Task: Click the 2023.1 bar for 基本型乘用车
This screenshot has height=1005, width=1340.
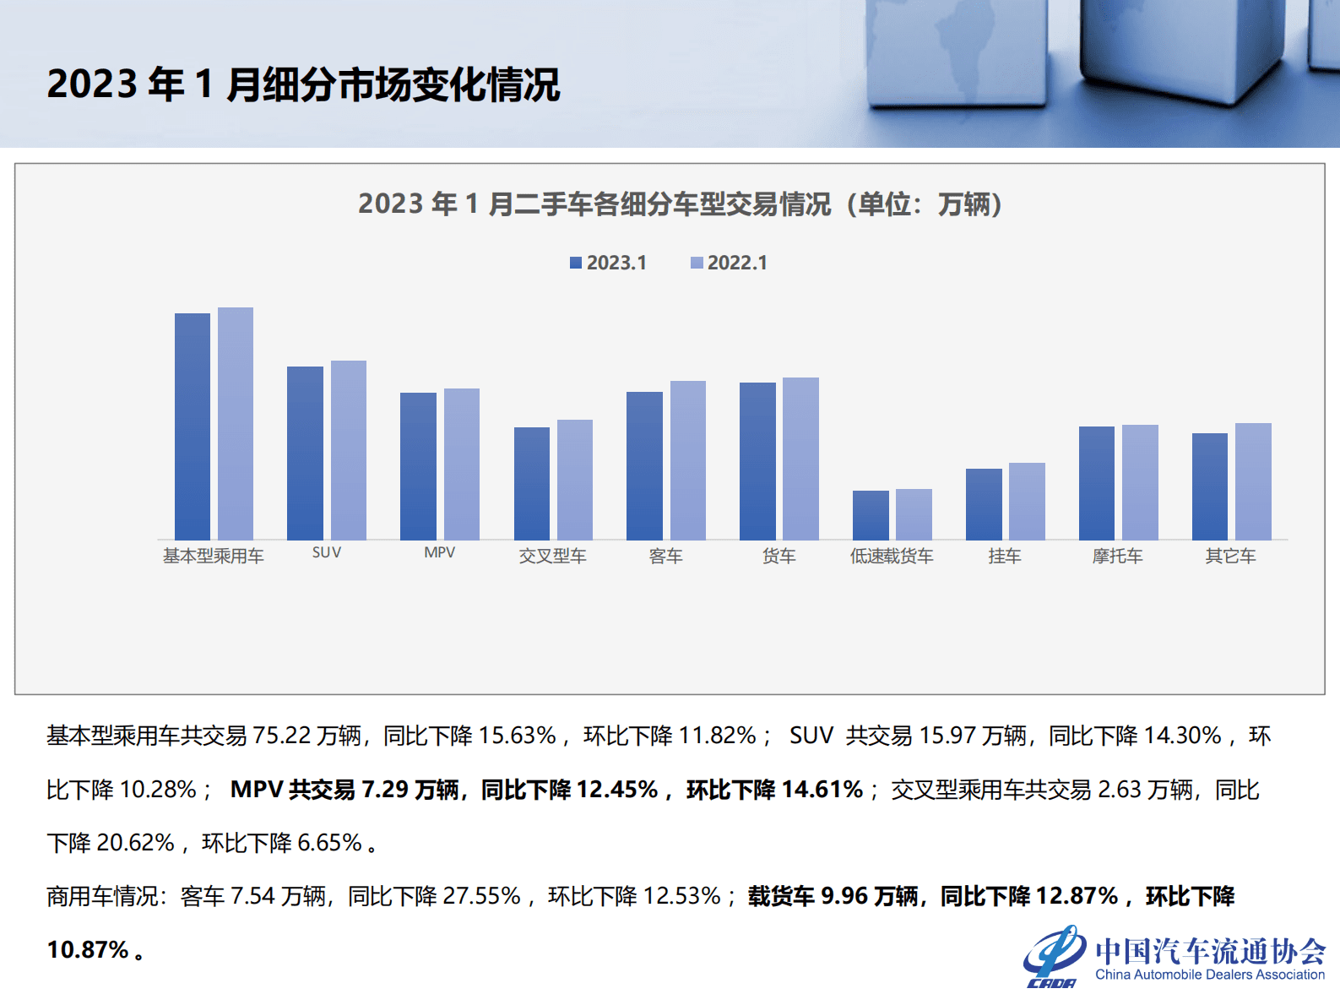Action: (193, 426)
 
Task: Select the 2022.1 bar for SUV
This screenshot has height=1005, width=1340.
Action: (348, 450)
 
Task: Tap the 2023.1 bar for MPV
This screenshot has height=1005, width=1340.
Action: (418, 466)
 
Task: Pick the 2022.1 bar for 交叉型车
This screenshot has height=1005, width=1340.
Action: (575, 480)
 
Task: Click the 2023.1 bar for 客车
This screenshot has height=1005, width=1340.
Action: (644, 465)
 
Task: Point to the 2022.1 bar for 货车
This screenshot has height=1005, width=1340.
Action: (800, 459)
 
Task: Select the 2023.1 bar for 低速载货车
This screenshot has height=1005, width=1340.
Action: (871, 515)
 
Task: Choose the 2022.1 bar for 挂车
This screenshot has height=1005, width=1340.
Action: (1027, 501)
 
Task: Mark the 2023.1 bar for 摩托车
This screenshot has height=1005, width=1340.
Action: (1097, 483)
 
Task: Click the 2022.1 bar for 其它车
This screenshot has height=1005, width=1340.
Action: (1253, 481)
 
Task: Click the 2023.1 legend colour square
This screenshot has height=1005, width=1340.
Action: (576, 263)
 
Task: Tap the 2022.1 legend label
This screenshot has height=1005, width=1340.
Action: (737, 263)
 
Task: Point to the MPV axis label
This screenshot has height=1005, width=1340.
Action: (439, 552)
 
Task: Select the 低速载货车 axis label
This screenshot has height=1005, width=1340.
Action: (892, 556)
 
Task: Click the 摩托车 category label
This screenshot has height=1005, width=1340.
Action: (1117, 556)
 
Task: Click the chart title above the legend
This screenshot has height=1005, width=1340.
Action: (680, 204)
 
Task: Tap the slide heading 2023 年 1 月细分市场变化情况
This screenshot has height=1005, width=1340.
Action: (303, 84)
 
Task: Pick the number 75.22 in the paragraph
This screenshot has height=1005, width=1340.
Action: (282, 736)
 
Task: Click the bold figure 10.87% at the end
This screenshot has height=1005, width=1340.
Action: (88, 949)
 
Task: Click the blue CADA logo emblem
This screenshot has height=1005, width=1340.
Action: (1054, 956)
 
